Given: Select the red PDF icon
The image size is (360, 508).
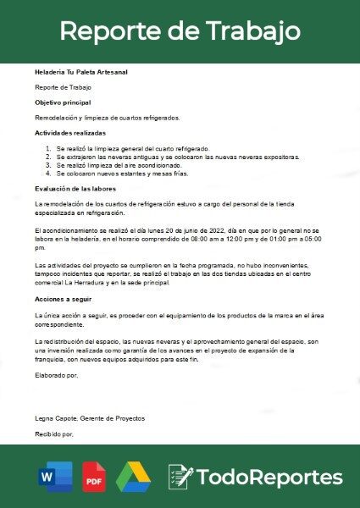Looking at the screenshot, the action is [x=94, y=478].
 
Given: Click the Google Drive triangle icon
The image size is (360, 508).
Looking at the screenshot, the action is [x=133, y=477].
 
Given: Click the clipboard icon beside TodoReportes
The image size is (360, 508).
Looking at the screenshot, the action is [x=180, y=476].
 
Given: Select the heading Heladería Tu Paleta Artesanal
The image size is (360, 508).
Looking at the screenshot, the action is [x=81, y=72].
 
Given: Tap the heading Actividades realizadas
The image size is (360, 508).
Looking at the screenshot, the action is [x=70, y=133].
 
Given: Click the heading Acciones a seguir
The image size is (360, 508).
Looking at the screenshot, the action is [x=64, y=300].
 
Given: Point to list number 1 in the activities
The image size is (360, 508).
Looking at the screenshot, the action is [x=47, y=148].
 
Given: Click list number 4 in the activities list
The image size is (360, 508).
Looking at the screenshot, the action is [x=47, y=174].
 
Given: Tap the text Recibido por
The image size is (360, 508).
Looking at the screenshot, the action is [x=54, y=433].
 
